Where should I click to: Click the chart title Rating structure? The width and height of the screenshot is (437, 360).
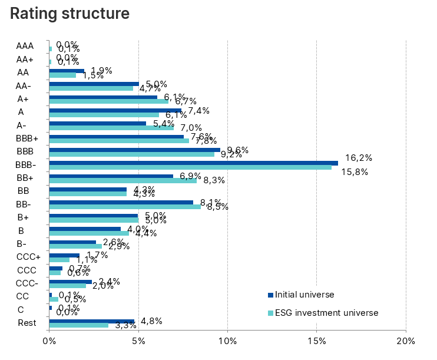[x=70, y=12]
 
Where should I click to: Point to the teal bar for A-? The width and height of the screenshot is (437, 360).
[x=111, y=127]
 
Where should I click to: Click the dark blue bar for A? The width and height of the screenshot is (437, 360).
[x=115, y=110]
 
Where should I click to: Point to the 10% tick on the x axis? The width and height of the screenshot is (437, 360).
[x=227, y=341]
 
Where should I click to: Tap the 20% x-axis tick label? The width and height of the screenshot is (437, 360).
[x=406, y=341]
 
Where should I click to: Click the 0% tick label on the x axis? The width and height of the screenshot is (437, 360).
[x=49, y=341]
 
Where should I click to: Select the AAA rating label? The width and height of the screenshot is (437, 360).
[x=25, y=45]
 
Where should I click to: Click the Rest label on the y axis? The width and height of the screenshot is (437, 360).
[x=27, y=323]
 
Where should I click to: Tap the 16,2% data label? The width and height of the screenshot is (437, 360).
[x=358, y=158]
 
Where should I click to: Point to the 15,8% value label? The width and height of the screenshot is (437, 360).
[x=355, y=171]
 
